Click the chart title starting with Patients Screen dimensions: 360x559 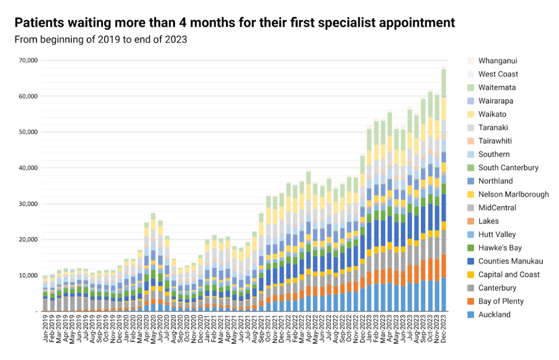[x=234, y=23]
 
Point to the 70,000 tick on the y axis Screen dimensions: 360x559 [x=29, y=60]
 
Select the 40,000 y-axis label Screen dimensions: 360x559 [x=29, y=168]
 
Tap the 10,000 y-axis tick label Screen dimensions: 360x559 [x=29, y=275]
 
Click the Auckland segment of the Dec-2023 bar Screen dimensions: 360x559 [x=444, y=295]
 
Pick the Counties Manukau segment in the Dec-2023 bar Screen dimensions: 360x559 [x=444, y=207]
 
